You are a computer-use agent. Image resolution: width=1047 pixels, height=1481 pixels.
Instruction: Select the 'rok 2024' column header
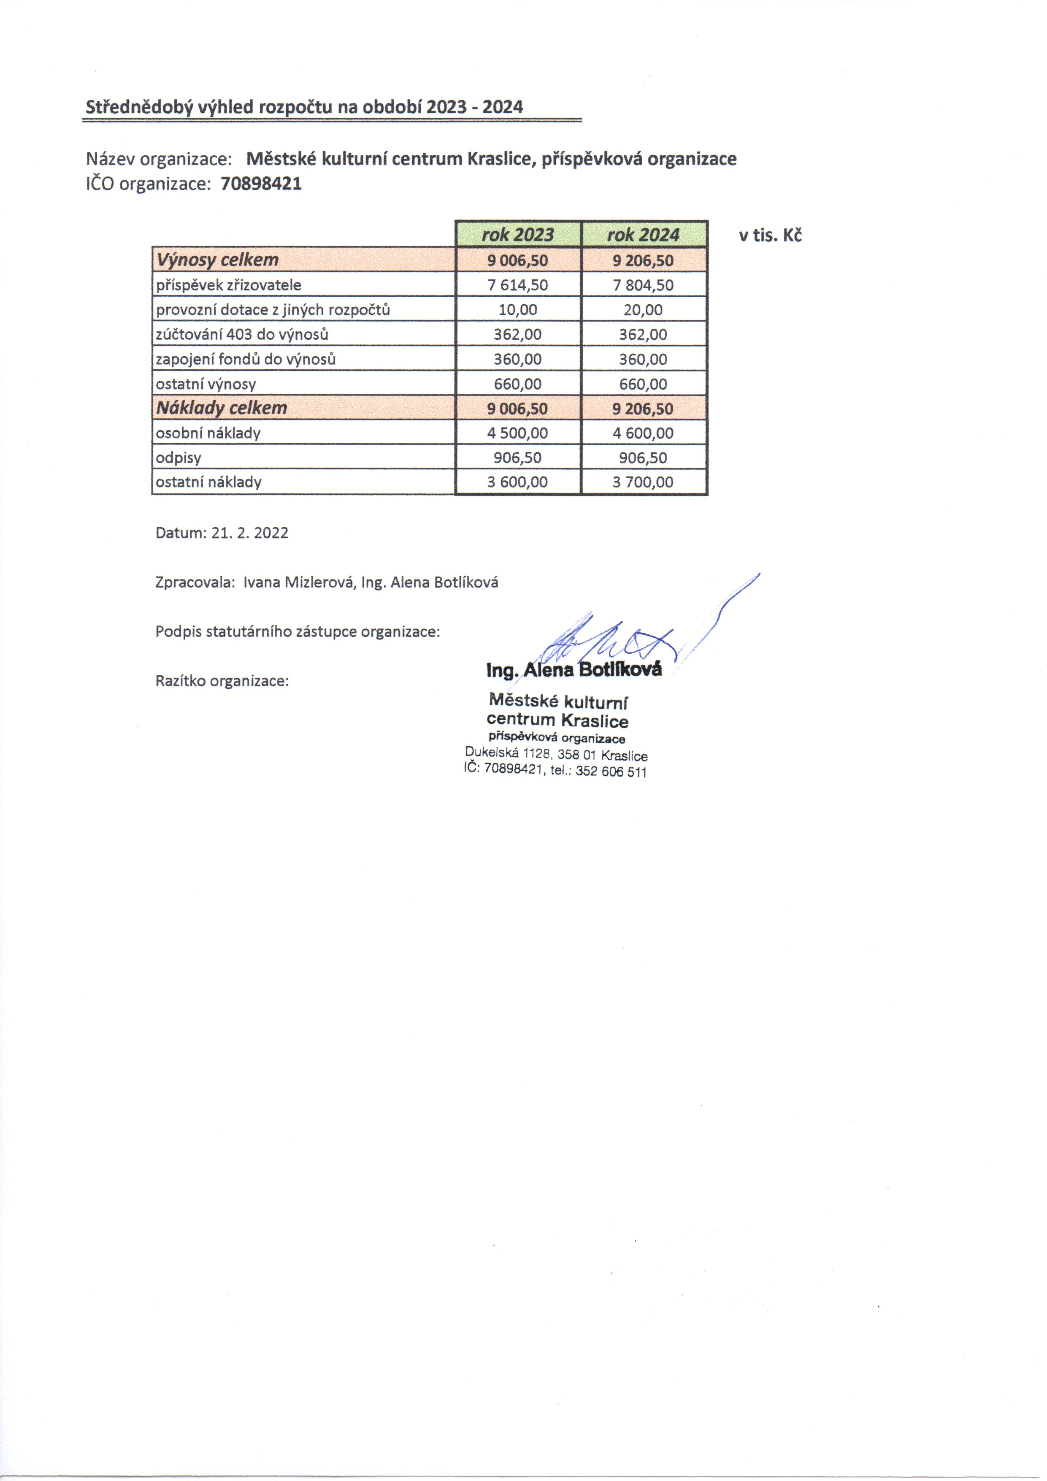point(643,234)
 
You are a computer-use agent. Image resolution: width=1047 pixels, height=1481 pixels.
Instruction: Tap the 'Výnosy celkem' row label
point(217,260)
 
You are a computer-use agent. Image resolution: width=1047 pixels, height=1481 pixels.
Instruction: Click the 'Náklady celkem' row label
point(221,408)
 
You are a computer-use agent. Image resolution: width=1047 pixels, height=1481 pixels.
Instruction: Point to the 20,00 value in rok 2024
point(643,310)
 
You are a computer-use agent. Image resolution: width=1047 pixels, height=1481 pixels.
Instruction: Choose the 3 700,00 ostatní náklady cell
point(643,482)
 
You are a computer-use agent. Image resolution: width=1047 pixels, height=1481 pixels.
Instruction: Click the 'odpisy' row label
point(179,458)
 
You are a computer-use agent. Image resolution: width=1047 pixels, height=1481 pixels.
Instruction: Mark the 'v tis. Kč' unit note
point(770,236)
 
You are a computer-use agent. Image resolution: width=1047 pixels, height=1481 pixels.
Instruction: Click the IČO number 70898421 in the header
point(261,184)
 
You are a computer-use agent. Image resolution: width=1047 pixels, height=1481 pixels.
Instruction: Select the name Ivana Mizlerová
point(298,582)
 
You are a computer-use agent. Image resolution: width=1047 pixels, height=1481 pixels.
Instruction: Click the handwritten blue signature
point(620,635)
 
